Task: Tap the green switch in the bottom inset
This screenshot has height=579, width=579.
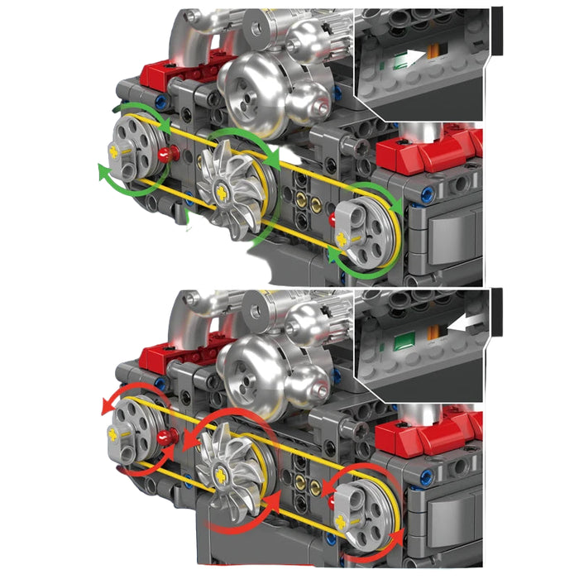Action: pos(404,341)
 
